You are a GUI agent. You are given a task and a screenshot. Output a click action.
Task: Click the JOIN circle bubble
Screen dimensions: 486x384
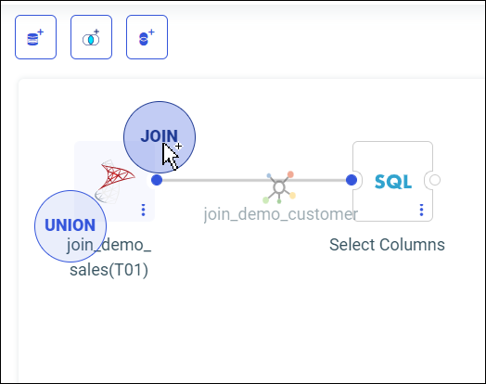coord(160,137)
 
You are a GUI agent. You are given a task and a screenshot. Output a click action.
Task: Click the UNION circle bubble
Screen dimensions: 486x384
coord(70,226)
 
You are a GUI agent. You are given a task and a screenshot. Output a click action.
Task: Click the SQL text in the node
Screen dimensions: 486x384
coord(393,182)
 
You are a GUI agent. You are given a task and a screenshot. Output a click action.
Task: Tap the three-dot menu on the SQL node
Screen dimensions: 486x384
coord(421,210)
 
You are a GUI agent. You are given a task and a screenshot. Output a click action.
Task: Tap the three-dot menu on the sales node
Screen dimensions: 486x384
coord(143,210)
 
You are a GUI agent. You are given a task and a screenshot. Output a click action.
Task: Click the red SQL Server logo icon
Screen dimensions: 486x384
coord(114,181)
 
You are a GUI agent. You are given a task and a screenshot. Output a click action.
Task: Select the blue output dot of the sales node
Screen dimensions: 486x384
coord(157,180)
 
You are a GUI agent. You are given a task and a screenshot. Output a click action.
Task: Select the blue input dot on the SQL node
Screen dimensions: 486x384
coord(352,180)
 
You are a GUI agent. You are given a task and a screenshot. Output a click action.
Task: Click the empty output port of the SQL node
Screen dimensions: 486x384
coord(435,180)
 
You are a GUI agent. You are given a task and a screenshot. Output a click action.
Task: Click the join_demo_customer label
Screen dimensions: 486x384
coord(280,214)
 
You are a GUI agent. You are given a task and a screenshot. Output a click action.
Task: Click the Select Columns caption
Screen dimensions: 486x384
coord(387,245)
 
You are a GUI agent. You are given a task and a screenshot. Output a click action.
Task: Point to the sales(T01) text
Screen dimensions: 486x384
coord(109,270)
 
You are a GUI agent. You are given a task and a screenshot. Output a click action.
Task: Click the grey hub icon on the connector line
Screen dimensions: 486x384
coord(279,187)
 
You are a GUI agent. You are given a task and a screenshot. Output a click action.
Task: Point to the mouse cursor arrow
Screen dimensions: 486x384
coord(170,156)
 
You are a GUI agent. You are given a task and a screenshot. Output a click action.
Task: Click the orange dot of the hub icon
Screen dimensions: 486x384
coord(290,174)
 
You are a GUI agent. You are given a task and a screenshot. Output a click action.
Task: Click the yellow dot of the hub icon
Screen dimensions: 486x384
coord(292,196)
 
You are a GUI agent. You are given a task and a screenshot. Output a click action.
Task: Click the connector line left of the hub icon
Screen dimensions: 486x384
coord(214,180)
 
